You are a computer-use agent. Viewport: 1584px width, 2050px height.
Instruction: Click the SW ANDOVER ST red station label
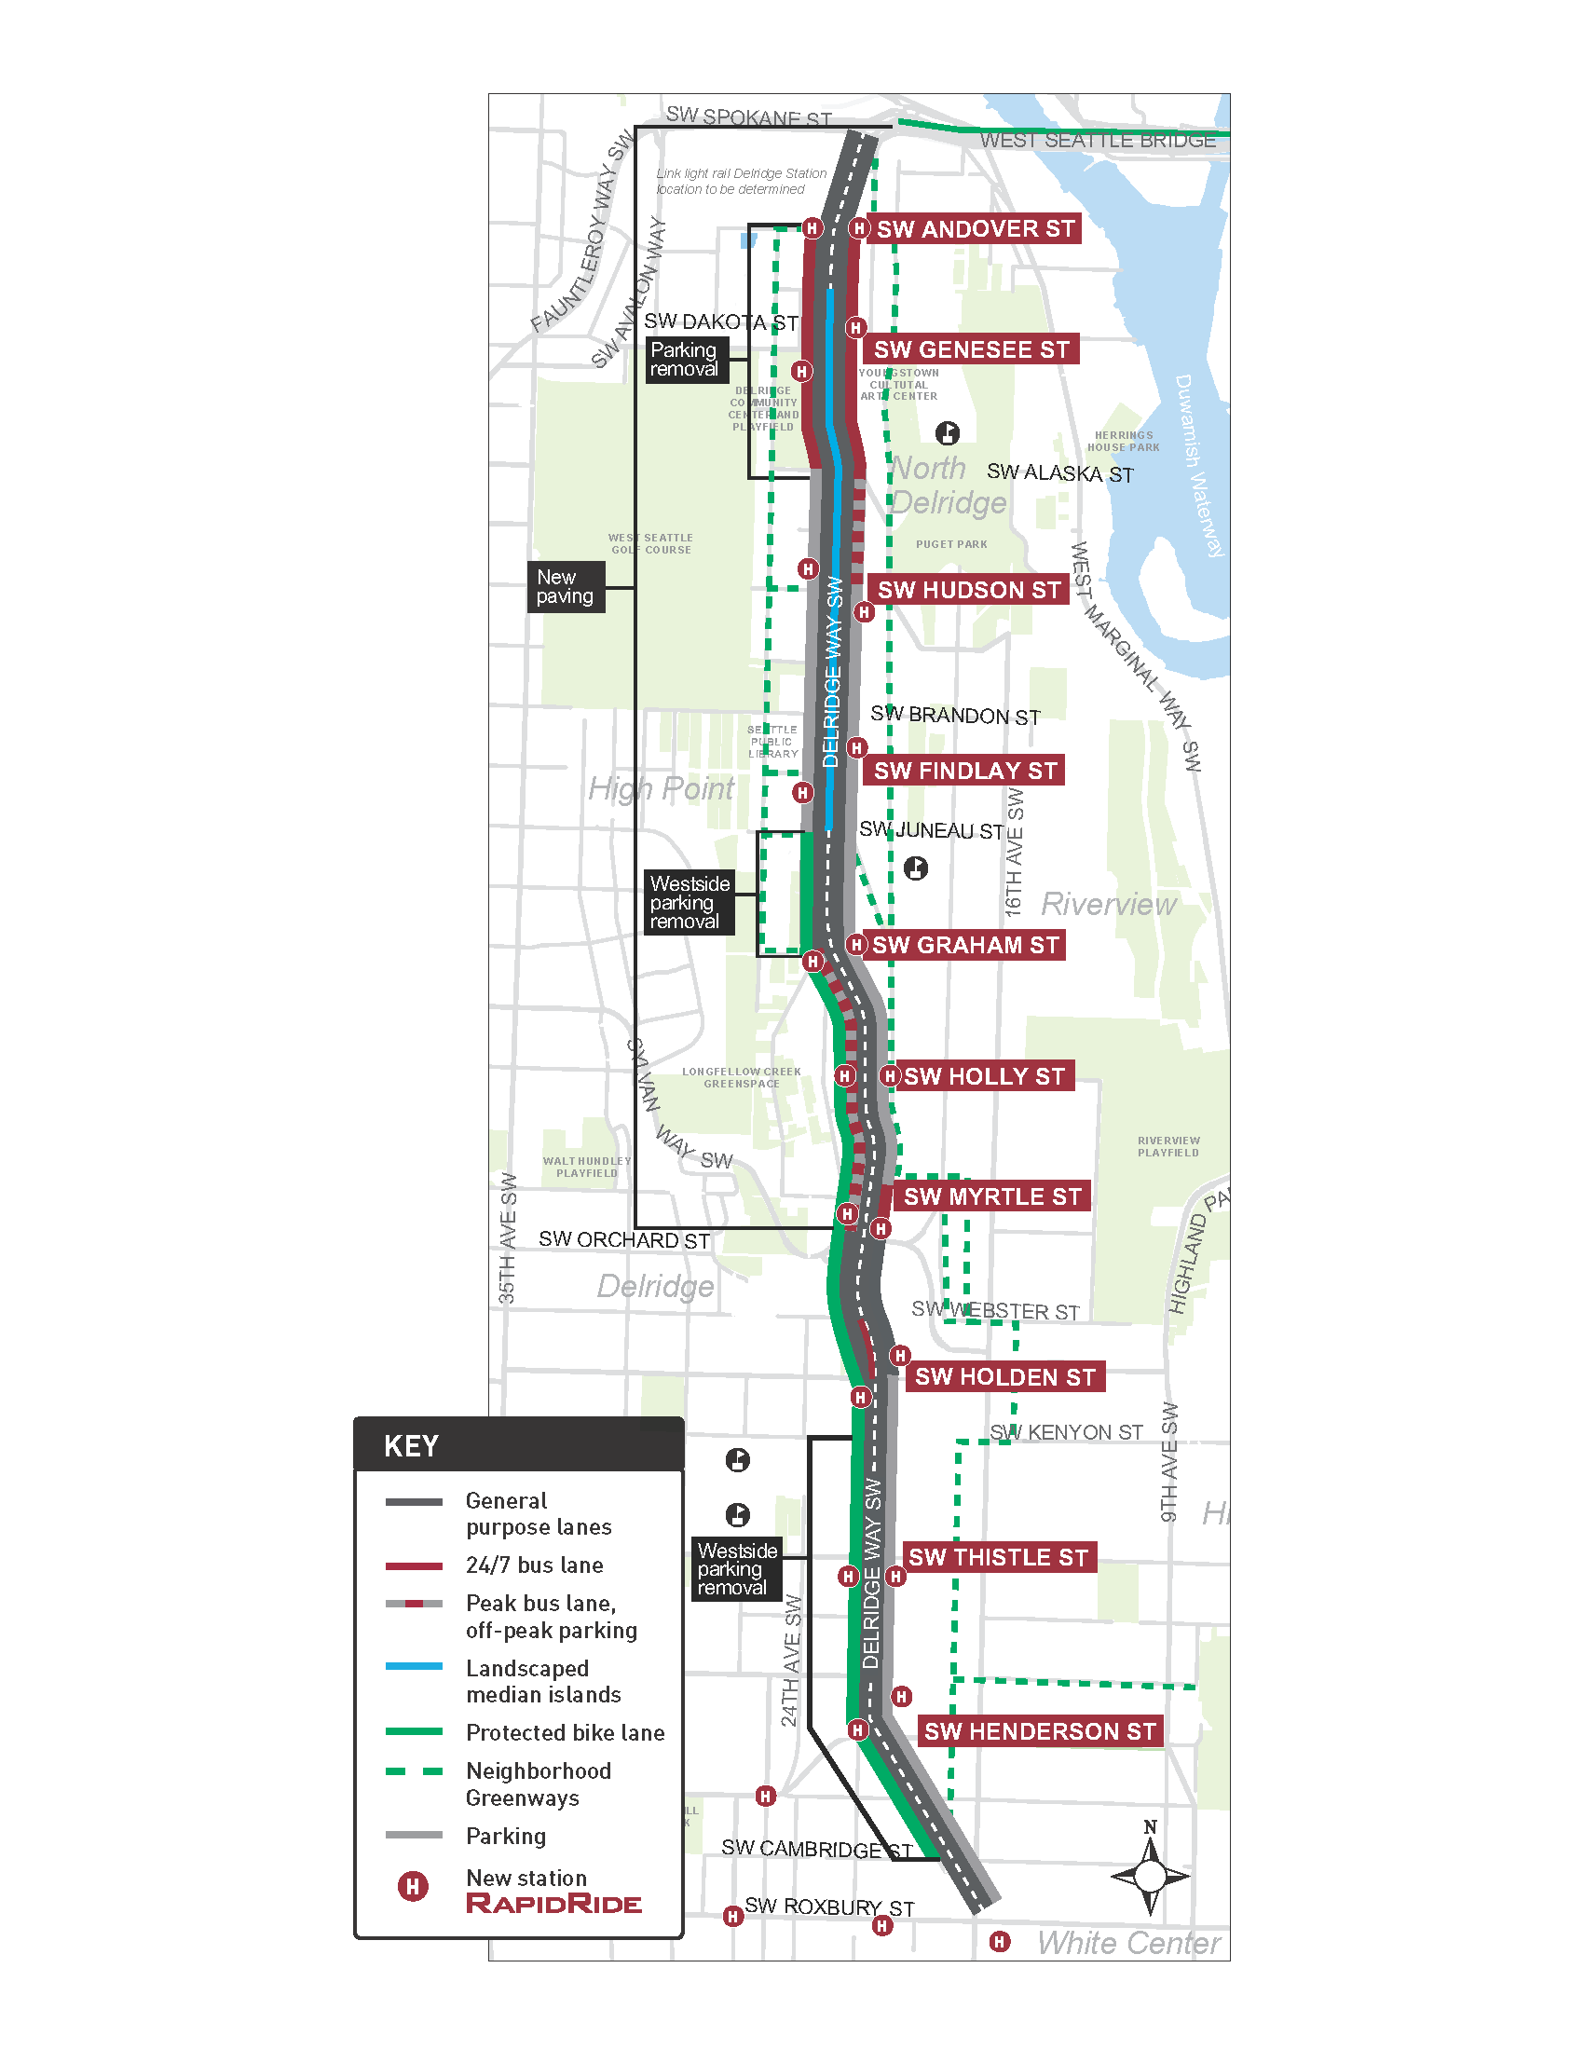coord(974,229)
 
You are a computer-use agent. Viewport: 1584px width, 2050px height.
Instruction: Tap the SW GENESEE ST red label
coord(971,349)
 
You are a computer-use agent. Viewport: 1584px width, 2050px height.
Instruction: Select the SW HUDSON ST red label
coord(968,590)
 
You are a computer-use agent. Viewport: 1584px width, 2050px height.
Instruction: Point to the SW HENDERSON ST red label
coord(1039,1731)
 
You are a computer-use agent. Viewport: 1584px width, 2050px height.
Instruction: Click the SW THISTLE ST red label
coord(998,1557)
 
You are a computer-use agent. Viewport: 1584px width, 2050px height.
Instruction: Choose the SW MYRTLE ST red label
coord(992,1196)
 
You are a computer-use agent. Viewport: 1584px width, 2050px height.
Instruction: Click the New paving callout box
coord(565,587)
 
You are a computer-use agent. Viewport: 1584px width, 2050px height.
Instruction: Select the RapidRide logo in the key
coord(553,1904)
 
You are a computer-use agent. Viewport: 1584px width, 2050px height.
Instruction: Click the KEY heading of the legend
coord(411,1445)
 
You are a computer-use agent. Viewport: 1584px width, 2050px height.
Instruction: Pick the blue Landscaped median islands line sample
coord(414,1666)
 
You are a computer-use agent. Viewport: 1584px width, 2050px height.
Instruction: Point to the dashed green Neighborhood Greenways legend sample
coord(414,1771)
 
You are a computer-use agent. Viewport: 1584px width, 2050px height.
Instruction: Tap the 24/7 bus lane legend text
coord(534,1565)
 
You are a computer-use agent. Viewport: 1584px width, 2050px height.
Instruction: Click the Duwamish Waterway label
coord(1199,466)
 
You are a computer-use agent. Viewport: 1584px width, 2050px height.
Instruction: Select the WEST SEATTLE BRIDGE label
coord(1097,141)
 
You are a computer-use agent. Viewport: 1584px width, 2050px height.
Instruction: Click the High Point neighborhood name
coord(661,788)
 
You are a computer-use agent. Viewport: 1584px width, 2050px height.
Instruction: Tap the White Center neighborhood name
coord(1128,1942)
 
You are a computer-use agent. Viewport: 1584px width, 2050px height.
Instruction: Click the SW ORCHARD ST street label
coord(623,1240)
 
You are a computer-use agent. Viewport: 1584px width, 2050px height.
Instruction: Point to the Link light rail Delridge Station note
coord(741,181)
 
